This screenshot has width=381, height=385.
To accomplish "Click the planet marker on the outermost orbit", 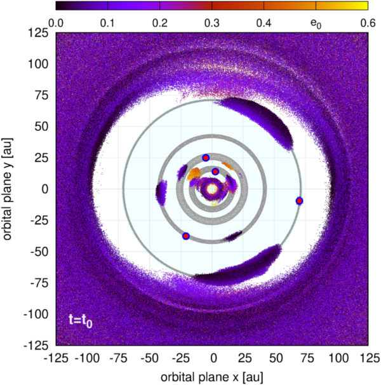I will click(x=299, y=201).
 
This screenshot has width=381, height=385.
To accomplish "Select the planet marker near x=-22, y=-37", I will click(x=186, y=236).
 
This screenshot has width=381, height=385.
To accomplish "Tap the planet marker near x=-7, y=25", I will click(x=205, y=158).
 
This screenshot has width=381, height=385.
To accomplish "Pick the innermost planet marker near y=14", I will click(x=215, y=172).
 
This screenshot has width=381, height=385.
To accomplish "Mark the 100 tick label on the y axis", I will click(x=40, y=64).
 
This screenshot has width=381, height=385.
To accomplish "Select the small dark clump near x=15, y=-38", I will click(x=233, y=236).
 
